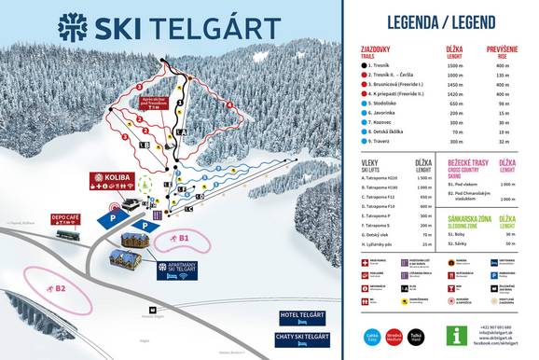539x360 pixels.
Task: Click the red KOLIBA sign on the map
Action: click(111, 177)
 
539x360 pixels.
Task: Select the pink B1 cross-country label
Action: click(184, 239)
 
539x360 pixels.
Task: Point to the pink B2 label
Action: click(60, 288)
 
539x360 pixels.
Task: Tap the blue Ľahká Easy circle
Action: click(370, 335)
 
